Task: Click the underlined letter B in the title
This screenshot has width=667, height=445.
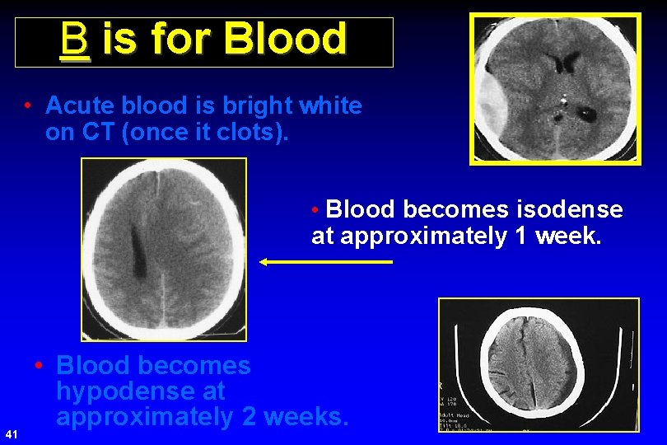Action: (x=74, y=40)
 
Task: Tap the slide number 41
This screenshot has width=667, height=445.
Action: (x=11, y=433)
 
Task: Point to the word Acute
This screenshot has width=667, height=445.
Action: (x=78, y=106)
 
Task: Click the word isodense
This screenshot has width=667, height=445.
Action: (x=570, y=210)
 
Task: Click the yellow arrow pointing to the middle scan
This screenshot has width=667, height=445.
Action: (x=325, y=262)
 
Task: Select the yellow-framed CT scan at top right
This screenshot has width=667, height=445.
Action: (x=555, y=88)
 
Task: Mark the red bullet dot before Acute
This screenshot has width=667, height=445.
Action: (x=29, y=106)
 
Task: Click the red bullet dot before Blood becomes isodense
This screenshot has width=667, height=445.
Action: (x=316, y=210)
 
